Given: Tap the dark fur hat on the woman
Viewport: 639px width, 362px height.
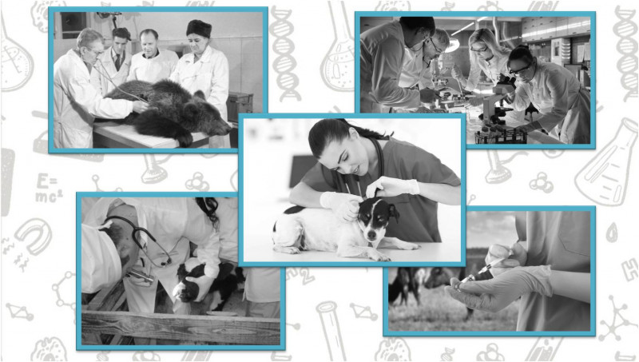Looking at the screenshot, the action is pyautogui.click(x=199, y=28).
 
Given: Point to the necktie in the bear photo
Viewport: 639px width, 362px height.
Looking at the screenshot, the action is pyautogui.click(x=117, y=62).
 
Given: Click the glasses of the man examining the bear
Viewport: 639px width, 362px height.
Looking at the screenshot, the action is pyautogui.click(x=96, y=52).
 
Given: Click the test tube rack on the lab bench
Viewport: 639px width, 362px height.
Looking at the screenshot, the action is pyautogui.click(x=500, y=136).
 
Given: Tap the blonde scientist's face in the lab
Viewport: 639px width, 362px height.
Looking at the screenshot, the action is pyautogui.click(x=480, y=51).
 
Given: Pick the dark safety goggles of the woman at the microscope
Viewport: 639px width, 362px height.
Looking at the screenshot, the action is pyautogui.click(x=519, y=70).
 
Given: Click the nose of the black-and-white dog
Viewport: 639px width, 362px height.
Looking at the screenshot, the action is pyautogui.click(x=371, y=235).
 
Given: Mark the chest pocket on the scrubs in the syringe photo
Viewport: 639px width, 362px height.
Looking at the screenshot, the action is pyautogui.click(x=574, y=234).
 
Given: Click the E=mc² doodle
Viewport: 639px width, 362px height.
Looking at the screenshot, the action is pyautogui.click(x=49, y=188).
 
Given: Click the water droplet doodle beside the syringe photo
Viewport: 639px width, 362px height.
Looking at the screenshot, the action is pyautogui.click(x=612, y=233).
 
